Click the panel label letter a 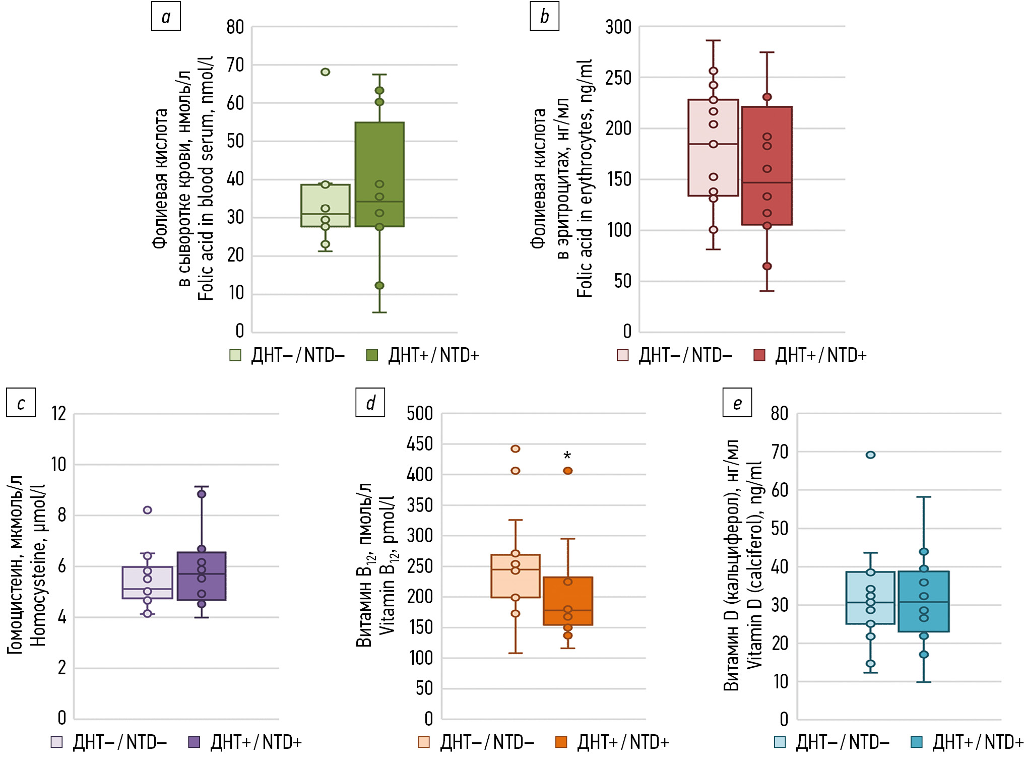click(x=166, y=17)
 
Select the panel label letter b click(x=544, y=17)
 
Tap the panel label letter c click(x=21, y=403)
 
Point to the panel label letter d click(x=370, y=403)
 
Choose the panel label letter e click(x=737, y=403)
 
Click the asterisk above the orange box click(x=567, y=456)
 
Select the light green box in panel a click(x=326, y=206)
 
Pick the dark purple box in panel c click(x=202, y=576)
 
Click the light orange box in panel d click(x=516, y=576)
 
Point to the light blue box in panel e click(x=870, y=598)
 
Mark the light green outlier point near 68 click(x=326, y=72)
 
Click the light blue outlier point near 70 click(x=870, y=455)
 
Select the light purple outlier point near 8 click(x=148, y=510)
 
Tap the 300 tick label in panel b click(x=618, y=27)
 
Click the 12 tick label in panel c click(x=59, y=414)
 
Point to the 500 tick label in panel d click(x=420, y=414)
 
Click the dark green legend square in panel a click(x=372, y=355)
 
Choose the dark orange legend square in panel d click(x=561, y=742)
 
